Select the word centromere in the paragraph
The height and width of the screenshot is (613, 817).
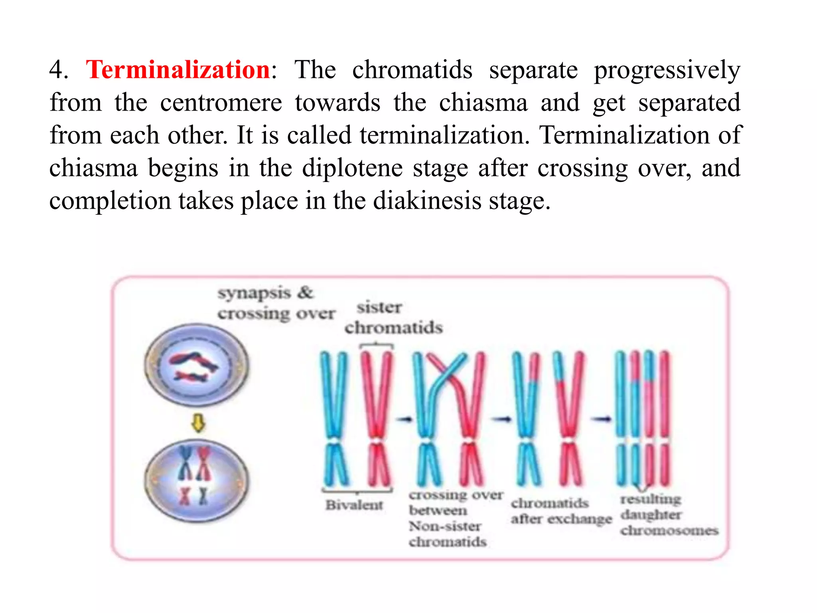[221, 103]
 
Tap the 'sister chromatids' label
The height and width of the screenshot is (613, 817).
[393, 318]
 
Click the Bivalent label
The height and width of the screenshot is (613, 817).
[354, 505]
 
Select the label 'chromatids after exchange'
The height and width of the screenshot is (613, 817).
[561, 511]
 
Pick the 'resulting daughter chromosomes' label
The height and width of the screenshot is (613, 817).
[669, 515]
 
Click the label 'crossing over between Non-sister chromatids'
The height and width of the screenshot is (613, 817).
[455, 518]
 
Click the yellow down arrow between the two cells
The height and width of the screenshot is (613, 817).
[198, 423]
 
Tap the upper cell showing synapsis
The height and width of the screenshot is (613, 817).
[196, 364]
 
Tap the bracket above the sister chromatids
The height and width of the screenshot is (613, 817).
[376, 346]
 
